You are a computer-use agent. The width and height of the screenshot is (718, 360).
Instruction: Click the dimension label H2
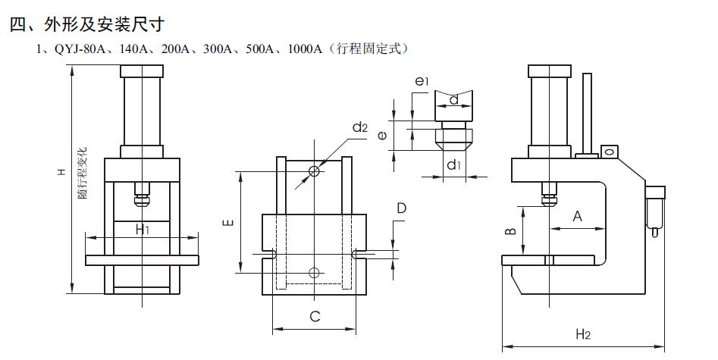coord(582,333)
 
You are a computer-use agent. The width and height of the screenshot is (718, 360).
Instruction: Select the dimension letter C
coord(314,317)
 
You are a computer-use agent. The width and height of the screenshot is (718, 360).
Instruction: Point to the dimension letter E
coord(227,222)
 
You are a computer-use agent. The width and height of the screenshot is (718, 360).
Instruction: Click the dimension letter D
coord(401,208)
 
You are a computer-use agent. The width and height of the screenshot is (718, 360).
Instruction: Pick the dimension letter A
coord(577,217)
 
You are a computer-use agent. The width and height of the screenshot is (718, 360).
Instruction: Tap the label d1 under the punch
coord(453,164)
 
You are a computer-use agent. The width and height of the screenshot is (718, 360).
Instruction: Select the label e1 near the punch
coord(422,80)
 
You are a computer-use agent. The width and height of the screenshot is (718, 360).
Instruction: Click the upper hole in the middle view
coord(314,172)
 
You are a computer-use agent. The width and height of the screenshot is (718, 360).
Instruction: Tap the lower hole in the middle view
coord(314,272)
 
